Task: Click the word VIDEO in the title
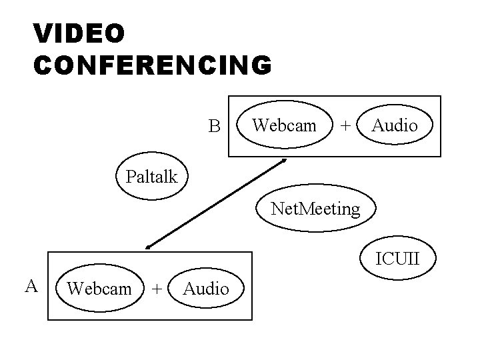point(78,33)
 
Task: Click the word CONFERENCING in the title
point(152,65)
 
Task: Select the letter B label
point(213,126)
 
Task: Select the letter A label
point(31,286)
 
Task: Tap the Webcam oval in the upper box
point(285,125)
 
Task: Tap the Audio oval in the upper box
point(395,125)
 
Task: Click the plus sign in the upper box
point(345,125)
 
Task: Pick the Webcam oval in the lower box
point(100,288)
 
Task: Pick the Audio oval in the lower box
point(206,288)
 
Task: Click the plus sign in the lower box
point(156,289)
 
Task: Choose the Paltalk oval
point(151,177)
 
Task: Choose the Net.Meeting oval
point(315,209)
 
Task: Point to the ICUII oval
point(397,257)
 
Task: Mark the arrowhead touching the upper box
point(284,161)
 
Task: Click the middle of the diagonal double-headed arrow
point(215,204)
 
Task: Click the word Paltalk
point(151,177)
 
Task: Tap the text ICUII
point(397,257)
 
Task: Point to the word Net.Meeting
point(315,209)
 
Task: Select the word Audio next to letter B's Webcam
point(395,125)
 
